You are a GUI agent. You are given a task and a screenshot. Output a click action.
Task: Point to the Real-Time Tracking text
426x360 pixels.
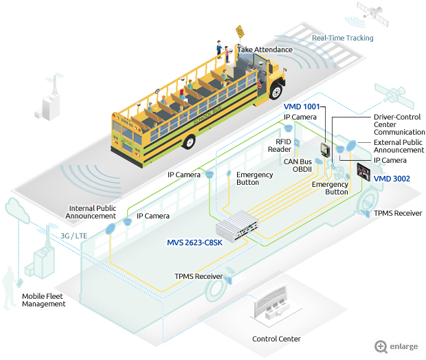[x=343, y=38]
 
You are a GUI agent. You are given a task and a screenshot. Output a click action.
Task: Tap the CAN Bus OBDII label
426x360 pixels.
[x=299, y=166]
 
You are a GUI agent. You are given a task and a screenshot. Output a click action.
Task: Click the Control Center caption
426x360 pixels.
[x=276, y=339]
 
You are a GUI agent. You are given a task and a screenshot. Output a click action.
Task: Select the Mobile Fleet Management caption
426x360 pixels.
[x=44, y=300]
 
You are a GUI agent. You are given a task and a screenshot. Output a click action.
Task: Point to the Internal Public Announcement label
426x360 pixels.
[x=92, y=212]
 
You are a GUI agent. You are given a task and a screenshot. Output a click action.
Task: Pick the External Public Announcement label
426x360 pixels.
[x=399, y=146]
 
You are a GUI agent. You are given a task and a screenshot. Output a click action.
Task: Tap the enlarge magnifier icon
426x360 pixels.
[x=381, y=346]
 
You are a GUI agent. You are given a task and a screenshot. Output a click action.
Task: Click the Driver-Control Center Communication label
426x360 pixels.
[x=399, y=124]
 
